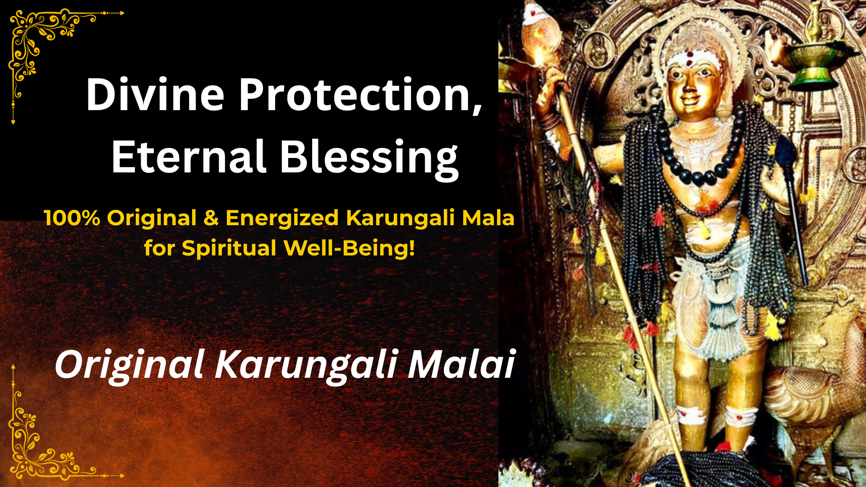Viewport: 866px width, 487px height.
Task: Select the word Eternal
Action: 188,156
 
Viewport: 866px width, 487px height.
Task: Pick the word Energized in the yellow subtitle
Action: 282,218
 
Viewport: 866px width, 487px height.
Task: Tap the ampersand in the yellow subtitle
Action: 211,218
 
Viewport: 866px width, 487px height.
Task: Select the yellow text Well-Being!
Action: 349,249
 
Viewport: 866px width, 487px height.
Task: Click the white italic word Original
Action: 129,365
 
